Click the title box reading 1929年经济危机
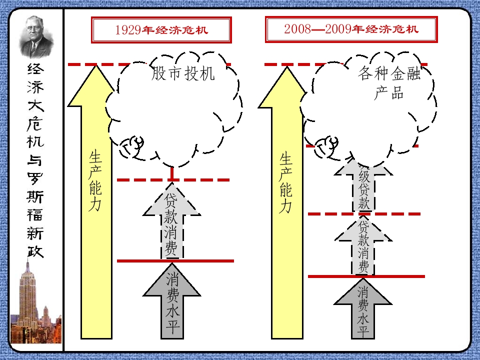161,30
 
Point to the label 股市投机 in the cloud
183,74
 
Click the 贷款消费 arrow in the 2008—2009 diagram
363,245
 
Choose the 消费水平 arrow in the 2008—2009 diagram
363,310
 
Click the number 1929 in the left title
127,30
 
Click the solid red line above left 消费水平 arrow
175,260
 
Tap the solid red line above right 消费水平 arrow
366,276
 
